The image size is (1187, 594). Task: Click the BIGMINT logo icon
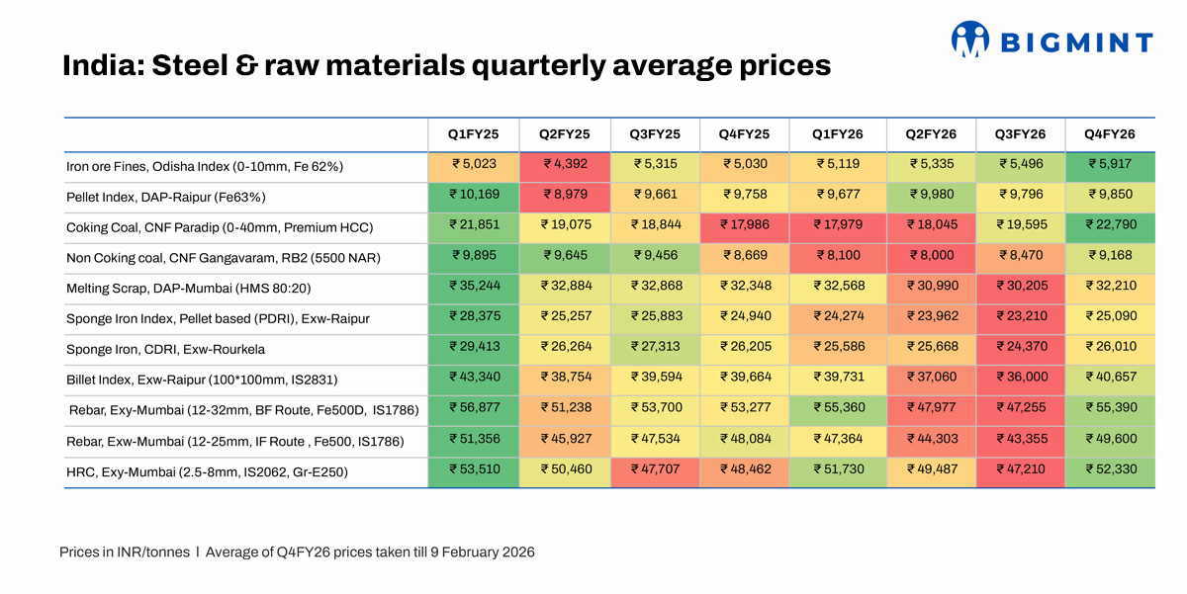[x=970, y=39]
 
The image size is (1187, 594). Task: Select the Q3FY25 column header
[x=655, y=134]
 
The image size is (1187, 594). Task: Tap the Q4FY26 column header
[x=1109, y=134]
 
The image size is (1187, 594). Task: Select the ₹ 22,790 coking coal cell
[x=1110, y=227]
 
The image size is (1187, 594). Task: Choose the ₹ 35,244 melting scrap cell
[x=473, y=289]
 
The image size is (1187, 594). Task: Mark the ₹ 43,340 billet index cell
[x=473, y=381]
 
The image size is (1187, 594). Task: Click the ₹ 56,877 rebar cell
[x=473, y=411]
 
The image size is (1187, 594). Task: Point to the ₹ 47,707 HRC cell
[x=655, y=472]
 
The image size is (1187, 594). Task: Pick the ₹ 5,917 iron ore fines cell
[x=1110, y=166]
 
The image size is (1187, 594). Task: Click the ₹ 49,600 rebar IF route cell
[x=1110, y=442]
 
